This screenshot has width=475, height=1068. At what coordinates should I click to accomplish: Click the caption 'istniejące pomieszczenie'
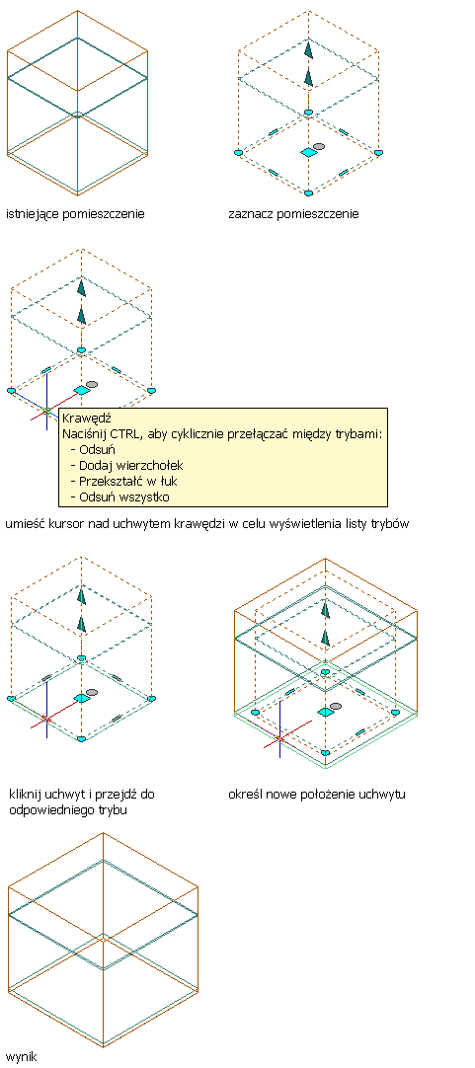(x=75, y=214)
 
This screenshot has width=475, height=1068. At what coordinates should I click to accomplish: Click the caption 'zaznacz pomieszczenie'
(x=293, y=214)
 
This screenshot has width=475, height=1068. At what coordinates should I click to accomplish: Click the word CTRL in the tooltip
(x=122, y=433)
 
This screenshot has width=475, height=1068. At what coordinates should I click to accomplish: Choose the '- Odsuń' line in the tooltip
(x=94, y=449)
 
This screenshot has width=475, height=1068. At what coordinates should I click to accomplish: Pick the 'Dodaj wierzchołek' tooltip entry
(x=130, y=465)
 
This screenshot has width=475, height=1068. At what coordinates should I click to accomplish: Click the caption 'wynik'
(x=21, y=1057)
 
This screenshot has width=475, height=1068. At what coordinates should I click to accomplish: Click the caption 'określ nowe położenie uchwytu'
(x=317, y=795)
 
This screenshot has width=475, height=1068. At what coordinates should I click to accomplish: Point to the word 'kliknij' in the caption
(x=26, y=795)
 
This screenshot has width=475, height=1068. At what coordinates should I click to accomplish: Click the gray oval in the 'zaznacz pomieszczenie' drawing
(x=318, y=146)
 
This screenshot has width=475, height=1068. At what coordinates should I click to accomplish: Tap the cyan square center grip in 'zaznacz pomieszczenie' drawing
(x=309, y=153)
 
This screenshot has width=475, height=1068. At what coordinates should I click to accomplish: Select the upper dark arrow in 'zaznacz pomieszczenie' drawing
(x=309, y=51)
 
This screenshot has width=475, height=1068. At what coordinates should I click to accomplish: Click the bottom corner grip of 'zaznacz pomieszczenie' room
(x=309, y=193)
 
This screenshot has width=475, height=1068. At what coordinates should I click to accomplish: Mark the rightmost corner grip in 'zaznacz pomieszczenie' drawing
(x=379, y=153)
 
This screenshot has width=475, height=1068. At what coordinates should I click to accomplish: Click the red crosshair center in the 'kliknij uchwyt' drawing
(x=46, y=719)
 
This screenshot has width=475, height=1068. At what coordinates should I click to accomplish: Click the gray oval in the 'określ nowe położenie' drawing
(x=336, y=706)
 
